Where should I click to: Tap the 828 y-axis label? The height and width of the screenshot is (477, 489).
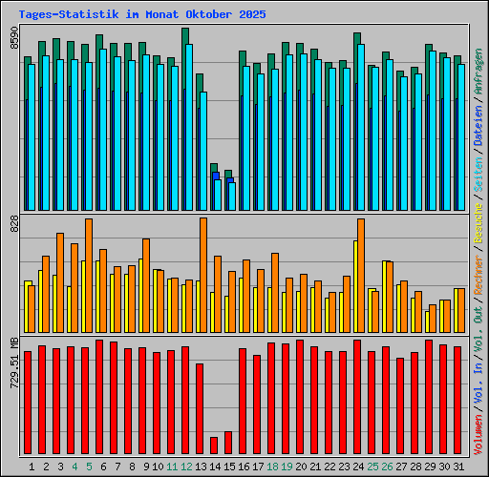(x=14, y=224)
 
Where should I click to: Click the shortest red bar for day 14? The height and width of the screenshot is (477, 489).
(x=214, y=446)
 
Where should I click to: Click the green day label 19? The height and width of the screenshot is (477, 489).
(x=287, y=467)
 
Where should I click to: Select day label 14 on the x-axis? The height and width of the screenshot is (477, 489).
(x=215, y=467)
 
